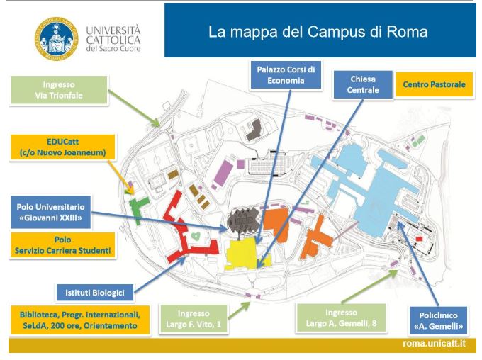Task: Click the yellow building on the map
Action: click(x=245, y=254)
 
